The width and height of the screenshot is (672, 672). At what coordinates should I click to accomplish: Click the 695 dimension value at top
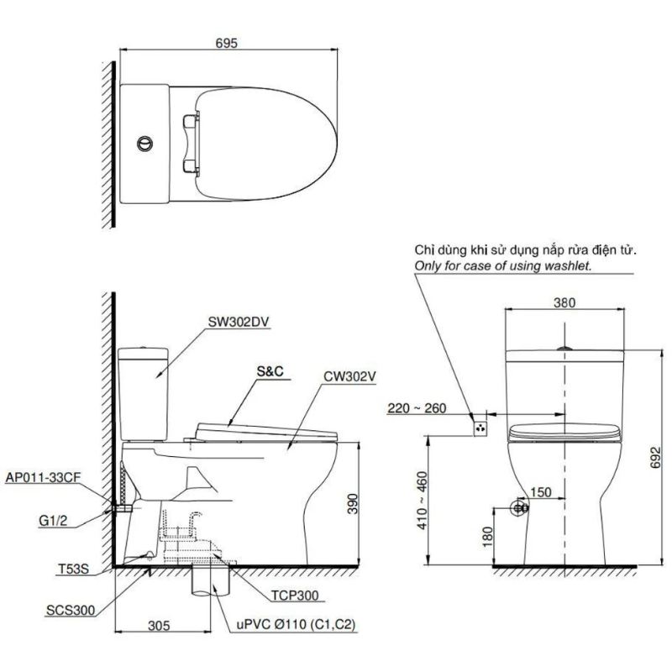[x=226, y=44]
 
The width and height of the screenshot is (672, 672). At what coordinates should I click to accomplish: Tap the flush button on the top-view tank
[x=145, y=144]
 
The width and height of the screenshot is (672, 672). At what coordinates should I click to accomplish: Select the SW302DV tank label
[x=239, y=323]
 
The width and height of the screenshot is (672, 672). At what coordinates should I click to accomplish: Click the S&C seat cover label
[x=270, y=370]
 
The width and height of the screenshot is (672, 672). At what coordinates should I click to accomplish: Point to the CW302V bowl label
[x=349, y=376]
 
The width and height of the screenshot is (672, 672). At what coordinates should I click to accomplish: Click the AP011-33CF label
[x=43, y=477]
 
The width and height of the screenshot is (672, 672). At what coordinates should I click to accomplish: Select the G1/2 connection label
[x=53, y=521]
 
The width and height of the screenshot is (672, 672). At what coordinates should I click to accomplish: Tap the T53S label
[x=73, y=570]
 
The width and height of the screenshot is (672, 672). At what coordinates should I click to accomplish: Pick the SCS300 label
[x=71, y=611]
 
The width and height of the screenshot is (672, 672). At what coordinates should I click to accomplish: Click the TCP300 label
[x=295, y=596]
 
